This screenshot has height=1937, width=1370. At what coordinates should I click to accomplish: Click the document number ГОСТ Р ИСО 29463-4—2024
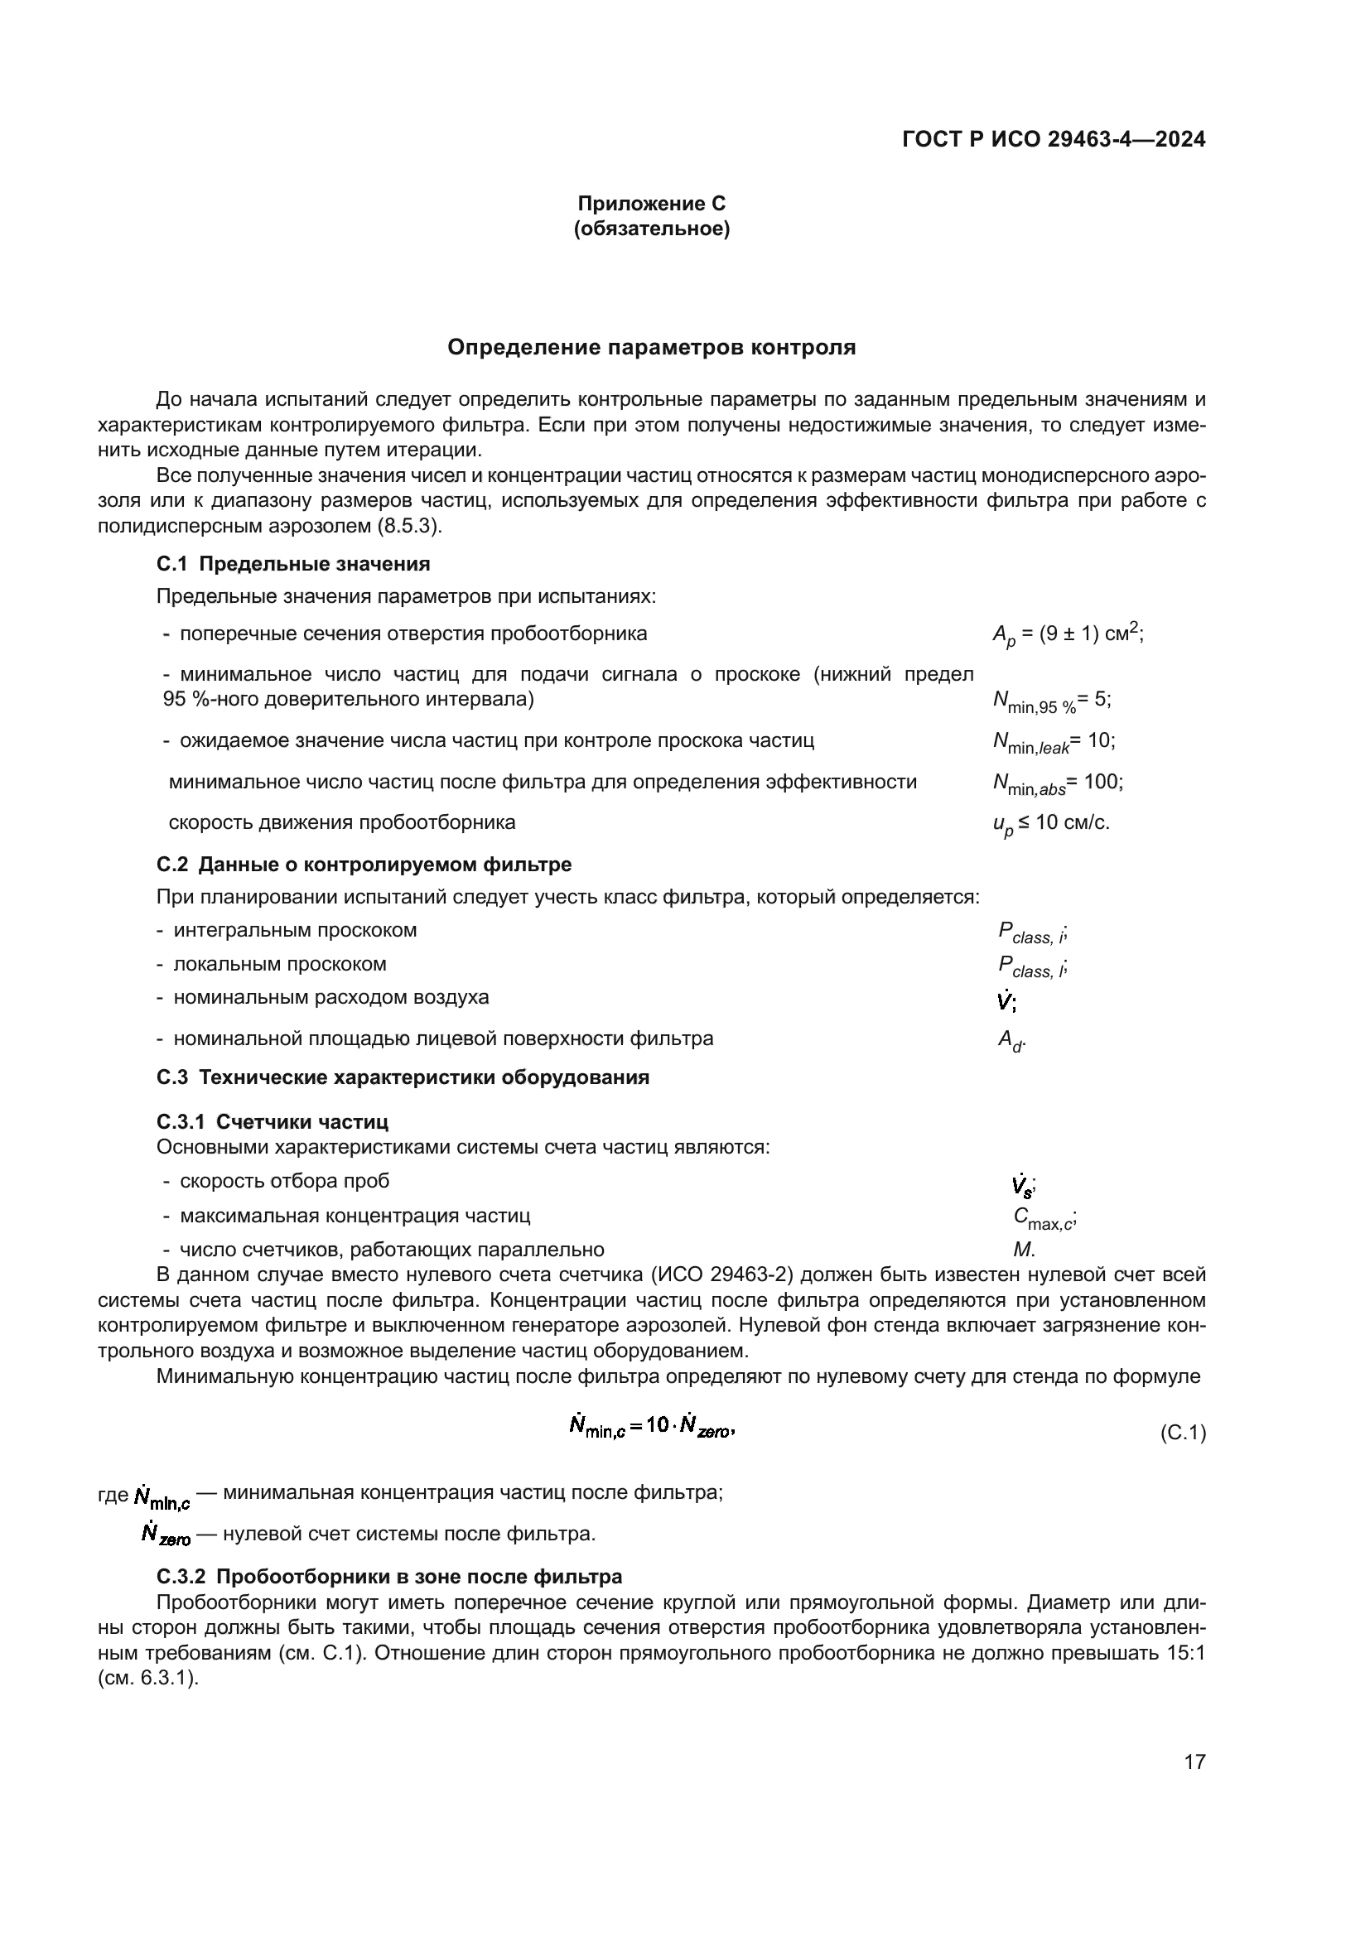(1053, 140)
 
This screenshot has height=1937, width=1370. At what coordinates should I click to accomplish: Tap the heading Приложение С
(651, 204)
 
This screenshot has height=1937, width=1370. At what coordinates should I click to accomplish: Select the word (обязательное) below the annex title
(651, 229)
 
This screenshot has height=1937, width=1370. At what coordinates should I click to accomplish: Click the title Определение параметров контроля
(651, 348)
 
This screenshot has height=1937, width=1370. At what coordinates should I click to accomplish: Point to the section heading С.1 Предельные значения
(292, 564)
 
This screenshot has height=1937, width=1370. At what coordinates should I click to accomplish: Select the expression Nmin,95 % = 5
(1052, 701)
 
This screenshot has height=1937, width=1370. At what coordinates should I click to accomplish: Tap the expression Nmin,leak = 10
(1054, 741)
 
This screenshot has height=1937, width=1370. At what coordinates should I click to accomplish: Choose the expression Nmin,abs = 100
(1058, 783)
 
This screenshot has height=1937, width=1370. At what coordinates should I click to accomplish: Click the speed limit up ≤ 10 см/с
(1051, 823)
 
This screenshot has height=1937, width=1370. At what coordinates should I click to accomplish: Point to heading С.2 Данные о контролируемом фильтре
(364, 865)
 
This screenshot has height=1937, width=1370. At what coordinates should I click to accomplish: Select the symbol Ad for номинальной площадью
(1011, 1041)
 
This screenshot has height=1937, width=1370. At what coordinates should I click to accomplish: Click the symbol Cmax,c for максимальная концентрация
(1044, 1217)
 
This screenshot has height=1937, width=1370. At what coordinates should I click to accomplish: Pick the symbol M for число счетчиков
(1023, 1250)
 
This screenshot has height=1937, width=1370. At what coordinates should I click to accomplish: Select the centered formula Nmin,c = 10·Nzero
(651, 1427)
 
